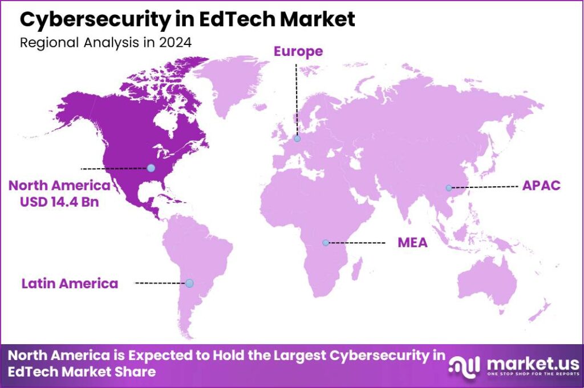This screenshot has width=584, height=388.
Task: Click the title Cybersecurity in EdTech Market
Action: pos(188,19)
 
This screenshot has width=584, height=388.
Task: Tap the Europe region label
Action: pos(298,51)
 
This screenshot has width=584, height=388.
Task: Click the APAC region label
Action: pos(541,186)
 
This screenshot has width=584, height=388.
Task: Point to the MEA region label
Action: pos(412,243)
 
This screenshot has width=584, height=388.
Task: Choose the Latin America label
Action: pos(70,283)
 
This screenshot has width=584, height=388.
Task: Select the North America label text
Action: pos(59,186)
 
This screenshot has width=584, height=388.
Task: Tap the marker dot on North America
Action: pos(151,168)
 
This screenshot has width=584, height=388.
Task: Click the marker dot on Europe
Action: pos(297,138)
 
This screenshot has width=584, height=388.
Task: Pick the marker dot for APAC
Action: pos(449,187)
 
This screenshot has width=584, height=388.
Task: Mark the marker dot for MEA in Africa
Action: pos(326,243)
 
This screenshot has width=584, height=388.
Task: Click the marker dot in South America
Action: pos(189,283)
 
